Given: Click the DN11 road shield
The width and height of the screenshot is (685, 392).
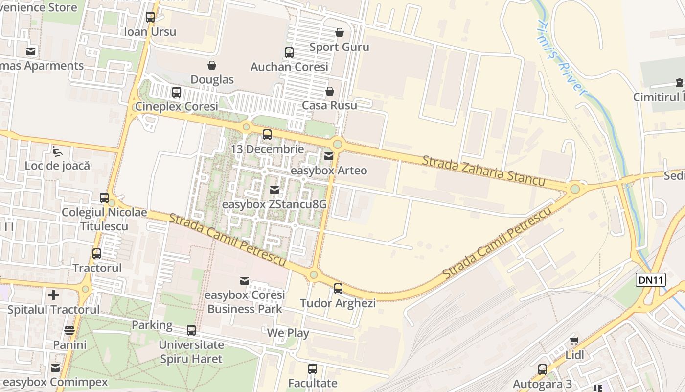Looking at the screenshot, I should (x=651, y=280).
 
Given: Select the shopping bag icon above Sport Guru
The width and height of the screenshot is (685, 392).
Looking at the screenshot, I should (x=339, y=32).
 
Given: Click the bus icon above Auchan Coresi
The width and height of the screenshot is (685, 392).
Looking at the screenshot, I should (x=289, y=52).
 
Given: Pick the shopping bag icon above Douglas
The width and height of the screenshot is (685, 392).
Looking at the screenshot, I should (x=212, y=65).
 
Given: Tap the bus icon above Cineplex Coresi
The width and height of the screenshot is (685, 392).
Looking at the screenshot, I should (x=176, y=92).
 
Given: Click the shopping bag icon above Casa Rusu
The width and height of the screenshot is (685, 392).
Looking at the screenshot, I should (x=329, y=91).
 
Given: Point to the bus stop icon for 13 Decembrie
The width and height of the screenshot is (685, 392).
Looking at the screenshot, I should (x=267, y=134).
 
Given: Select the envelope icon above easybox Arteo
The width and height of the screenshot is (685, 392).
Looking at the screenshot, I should (x=329, y=156).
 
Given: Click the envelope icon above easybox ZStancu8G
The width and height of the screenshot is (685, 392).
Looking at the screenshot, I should (x=274, y=190).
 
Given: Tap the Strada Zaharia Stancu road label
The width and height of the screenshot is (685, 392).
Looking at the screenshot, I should (x=483, y=171).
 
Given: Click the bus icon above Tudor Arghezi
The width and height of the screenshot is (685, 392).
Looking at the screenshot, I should (x=338, y=289).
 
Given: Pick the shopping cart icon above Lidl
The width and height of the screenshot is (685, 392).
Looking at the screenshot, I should (x=574, y=341).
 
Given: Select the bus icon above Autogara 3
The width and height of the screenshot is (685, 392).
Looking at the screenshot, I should (x=542, y=369).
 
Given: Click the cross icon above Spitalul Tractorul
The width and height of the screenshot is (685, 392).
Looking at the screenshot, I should (x=53, y=295).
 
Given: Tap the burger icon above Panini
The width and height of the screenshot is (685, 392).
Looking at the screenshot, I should (x=69, y=330).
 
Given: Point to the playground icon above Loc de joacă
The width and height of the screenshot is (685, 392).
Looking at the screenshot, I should (x=57, y=151).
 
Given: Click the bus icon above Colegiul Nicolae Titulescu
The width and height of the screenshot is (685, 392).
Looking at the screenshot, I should (x=104, y=198).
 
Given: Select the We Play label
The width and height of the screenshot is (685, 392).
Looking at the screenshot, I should (x=288, y=333).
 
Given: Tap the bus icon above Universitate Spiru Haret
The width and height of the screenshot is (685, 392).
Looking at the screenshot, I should (x=191, y=330).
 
